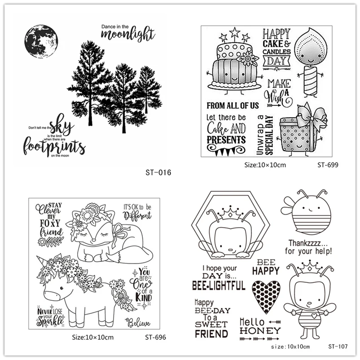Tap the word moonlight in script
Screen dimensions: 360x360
click(127, 34)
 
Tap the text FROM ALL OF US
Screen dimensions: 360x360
click(233, 106)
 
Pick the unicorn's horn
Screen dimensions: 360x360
click(44, 262)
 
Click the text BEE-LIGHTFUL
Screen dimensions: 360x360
click(219, 285)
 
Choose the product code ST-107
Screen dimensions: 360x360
click(338, 346)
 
